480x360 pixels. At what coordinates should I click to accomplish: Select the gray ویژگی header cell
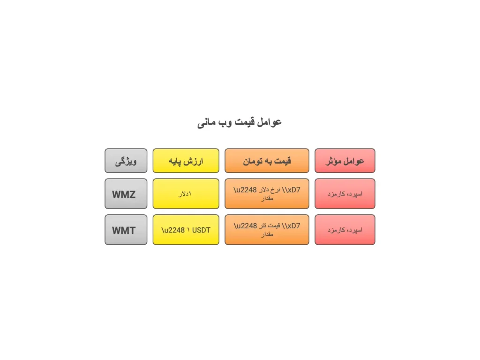[x=126, y=161]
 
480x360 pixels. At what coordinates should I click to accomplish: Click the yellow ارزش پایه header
[x=186, y=161]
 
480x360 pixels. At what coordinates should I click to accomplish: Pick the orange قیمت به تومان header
[x=267, y=161]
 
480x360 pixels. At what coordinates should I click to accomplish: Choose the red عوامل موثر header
[x=345, y=161]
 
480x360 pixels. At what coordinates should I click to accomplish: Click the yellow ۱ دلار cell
[x=186, y=194]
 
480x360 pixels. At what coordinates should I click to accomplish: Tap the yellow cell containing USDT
[x=186, y=230]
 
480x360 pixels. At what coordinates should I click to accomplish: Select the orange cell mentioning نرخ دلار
[x=267, y=194]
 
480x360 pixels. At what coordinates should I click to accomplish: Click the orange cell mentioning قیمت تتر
[x=267, y=230]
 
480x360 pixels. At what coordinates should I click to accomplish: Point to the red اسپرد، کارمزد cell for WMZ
[x=345, y=194]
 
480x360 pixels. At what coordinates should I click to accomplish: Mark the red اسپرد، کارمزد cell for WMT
[x=345, y=230]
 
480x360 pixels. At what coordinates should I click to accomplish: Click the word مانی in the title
[x=207, y=123]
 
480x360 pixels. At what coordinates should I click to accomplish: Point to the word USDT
[x=201, y=230]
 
